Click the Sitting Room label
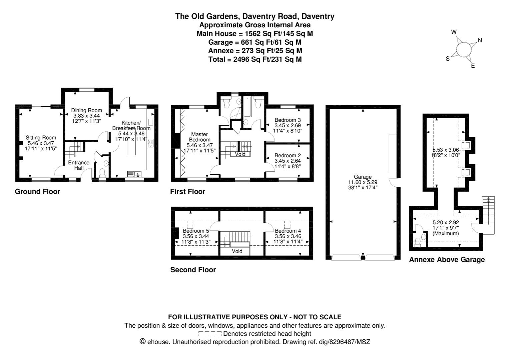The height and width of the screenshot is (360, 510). click(x=41, y=138)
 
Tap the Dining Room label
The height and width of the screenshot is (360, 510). click(x=86, y=110)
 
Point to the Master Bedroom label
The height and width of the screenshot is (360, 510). click(x=199, y=137)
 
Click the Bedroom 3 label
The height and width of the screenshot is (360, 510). click(x=288, y=120)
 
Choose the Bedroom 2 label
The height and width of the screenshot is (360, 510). click(x=288, y=155)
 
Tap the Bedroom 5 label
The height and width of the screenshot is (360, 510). click(x=196, y=231)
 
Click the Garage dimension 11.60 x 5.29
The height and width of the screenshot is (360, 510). click(x=363, y=182)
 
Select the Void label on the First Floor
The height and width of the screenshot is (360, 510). click(x=240, y=154)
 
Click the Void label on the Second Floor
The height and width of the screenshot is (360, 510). click(x=237, y=251)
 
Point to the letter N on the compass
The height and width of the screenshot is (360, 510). click(x=480, y=40)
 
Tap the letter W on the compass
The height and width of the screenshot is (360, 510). click(x=454, y=32)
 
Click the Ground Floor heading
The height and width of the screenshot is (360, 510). click(x=37, y=192)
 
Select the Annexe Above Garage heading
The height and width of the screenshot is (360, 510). click(x=447, y=260)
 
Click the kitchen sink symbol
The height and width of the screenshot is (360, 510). click(x=134, y=174)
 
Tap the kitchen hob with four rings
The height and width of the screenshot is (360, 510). click(x=150, y=143)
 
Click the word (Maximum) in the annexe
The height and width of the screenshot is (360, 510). click(x=446, y=233)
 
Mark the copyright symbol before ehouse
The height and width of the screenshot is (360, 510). click(x=143, y=341)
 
